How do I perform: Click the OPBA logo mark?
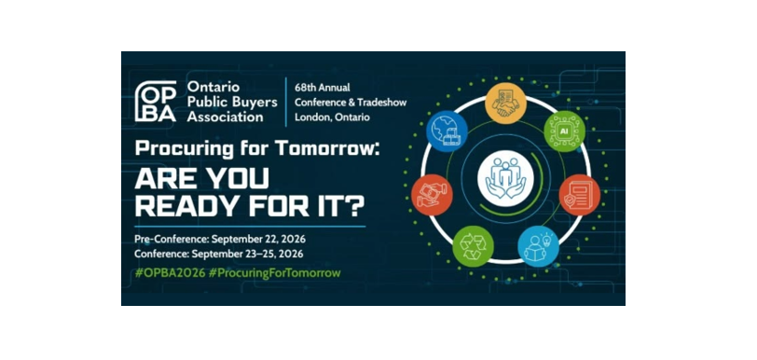[x=156, y=102]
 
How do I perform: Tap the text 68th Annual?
[x=323, y=88]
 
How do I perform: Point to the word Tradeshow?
[x=382, y=103]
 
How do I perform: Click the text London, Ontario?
[x=332, y=118]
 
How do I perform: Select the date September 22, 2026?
[x=259, y=239]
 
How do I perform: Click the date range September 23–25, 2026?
[x=247, y=254]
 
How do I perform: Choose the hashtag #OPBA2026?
[x=170, y=273]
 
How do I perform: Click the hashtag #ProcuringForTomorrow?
[x=275, y=273]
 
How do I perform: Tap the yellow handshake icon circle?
[x=505, y=104]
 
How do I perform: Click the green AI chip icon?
[x=564, y=132]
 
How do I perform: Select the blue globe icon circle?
[x=447, y=132]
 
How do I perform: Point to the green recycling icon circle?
[x=474, y=246]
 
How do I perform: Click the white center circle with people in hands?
[x=505, y=178]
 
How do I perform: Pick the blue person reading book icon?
[x=538, y=246]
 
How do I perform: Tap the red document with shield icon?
[x=579, y=195]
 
